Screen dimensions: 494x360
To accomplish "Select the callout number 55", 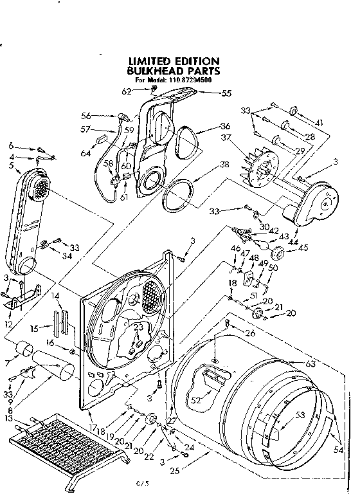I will tap(226, 93).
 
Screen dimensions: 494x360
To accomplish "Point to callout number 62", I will tap(127, 92).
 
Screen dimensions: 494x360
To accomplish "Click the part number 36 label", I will tap(225, 126).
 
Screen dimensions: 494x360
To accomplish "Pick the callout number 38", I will tap(224, 164).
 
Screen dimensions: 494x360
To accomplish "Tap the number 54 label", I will tap(339, 450).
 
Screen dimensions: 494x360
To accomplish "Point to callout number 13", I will tap(8, 419).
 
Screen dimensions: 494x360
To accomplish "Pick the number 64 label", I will tap(85, 152).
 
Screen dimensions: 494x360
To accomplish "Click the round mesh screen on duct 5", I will tap(40, 190).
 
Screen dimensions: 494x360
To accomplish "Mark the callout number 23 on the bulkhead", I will tap(137, 327).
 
